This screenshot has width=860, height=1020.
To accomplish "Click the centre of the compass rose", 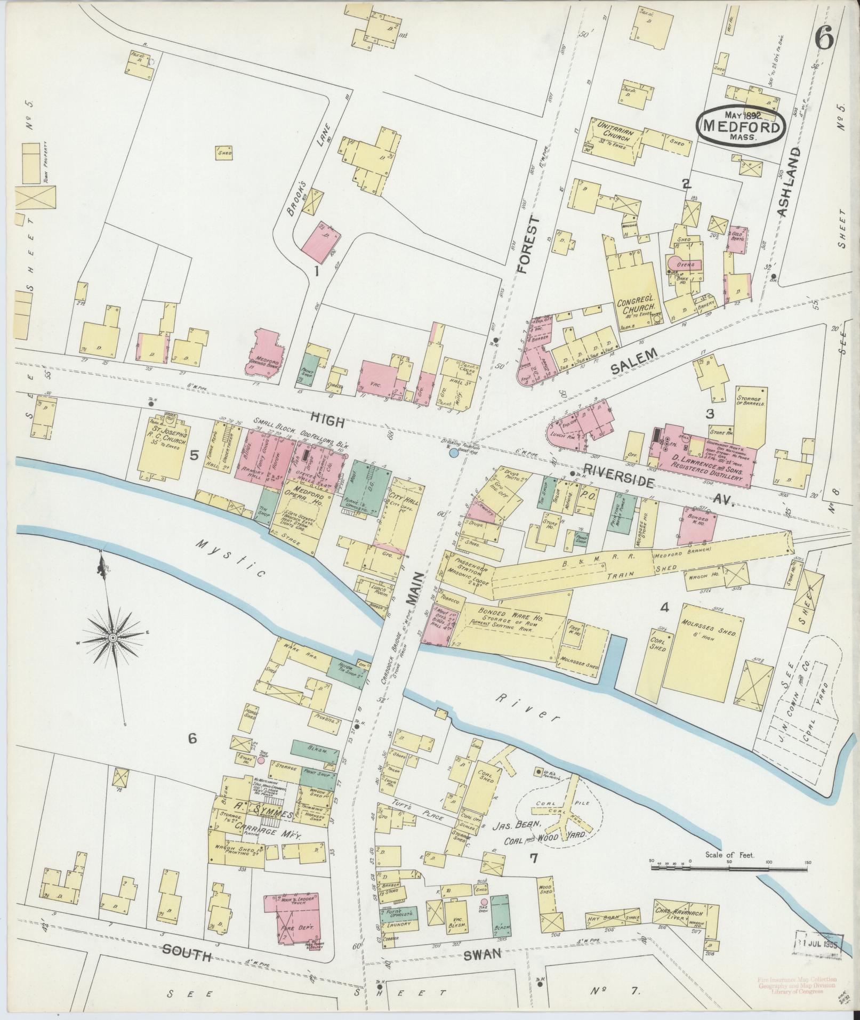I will click(x=113, y=638).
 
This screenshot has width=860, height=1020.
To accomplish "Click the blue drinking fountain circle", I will click(x=453, y=453).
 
